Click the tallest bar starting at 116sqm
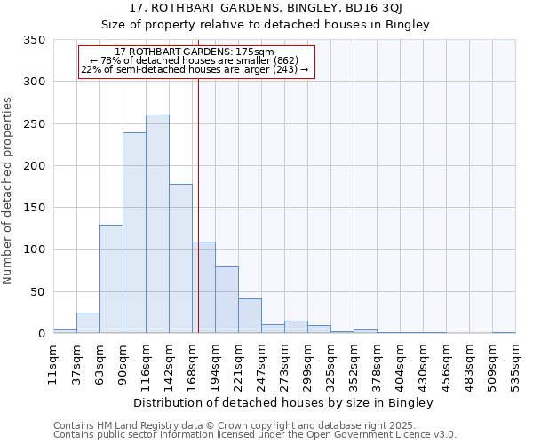157,224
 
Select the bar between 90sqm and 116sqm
134,233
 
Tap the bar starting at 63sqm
111,279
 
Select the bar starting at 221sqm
250,315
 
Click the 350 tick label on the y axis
34,40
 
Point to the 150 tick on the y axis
34,208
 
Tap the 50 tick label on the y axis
37,291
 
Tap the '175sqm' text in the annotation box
257,52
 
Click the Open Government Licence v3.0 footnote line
255,435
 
